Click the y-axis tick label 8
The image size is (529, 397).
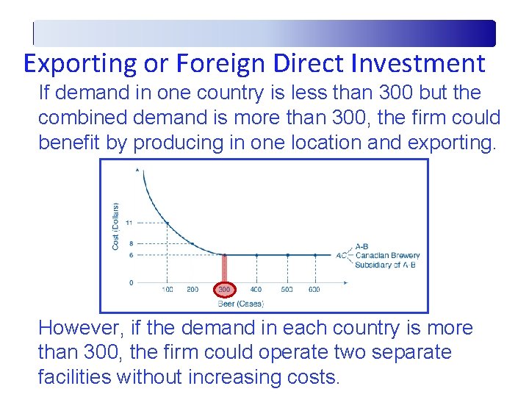coord(130,243)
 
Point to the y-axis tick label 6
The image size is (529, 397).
coord(130,255)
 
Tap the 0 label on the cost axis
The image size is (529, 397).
coord(131,282)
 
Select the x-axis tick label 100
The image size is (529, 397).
coord(168,290)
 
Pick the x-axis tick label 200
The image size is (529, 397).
coord(192,290)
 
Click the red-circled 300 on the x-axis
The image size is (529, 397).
coord(225,290)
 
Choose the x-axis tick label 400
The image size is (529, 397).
coord(256,290)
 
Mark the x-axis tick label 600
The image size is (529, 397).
coord(314,290)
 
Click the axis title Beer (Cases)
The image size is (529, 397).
coord(241,303)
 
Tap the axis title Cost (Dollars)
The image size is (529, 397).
coord(116,225)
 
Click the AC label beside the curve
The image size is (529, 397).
coord(341,256)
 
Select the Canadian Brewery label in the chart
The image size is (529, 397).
coord(387,256)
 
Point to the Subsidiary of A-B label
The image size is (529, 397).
coord(385,265)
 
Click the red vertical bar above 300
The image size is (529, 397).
coord(225,268)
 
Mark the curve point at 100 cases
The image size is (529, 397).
coord(168,223)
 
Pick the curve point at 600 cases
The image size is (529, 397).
coord(314,255)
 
